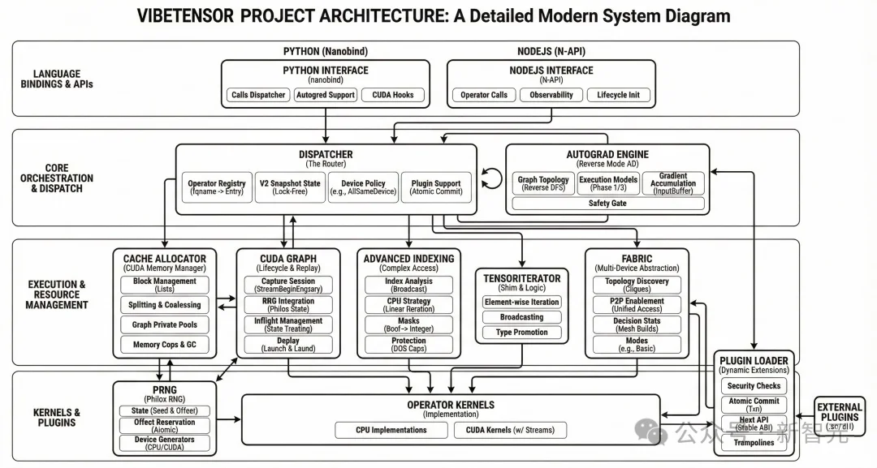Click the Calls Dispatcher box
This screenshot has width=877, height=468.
click(x=258, y=95)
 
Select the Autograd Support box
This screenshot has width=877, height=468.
click(x=326, y=95)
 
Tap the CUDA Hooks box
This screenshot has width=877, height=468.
click(x=393, y=95)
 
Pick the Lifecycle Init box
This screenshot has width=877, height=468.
click(x=618, y=95)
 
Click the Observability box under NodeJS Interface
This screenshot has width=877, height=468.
click(x=551, y=95)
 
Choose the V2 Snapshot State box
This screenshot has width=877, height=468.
click(x=289, y=188)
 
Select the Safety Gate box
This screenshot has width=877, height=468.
click(x=607, y=204)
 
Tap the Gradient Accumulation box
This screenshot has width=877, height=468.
click(x=673, y=183)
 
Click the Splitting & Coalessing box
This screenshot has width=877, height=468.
click(x=165, y=305)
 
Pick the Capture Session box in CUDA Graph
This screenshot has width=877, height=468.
click(x=288, y=286)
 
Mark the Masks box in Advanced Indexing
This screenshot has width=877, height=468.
click(x=408, y=325)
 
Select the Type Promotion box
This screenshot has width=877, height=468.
click(x=521, y=333)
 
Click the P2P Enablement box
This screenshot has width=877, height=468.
click(x=637, y=305)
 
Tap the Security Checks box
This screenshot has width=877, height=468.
click(x=754, y=386)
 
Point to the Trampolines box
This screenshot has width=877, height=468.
click(x=754, y=443)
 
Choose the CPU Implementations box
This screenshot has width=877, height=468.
click(x=391, y=430)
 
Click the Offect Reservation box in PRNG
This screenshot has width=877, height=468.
click(x=165, y=425)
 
